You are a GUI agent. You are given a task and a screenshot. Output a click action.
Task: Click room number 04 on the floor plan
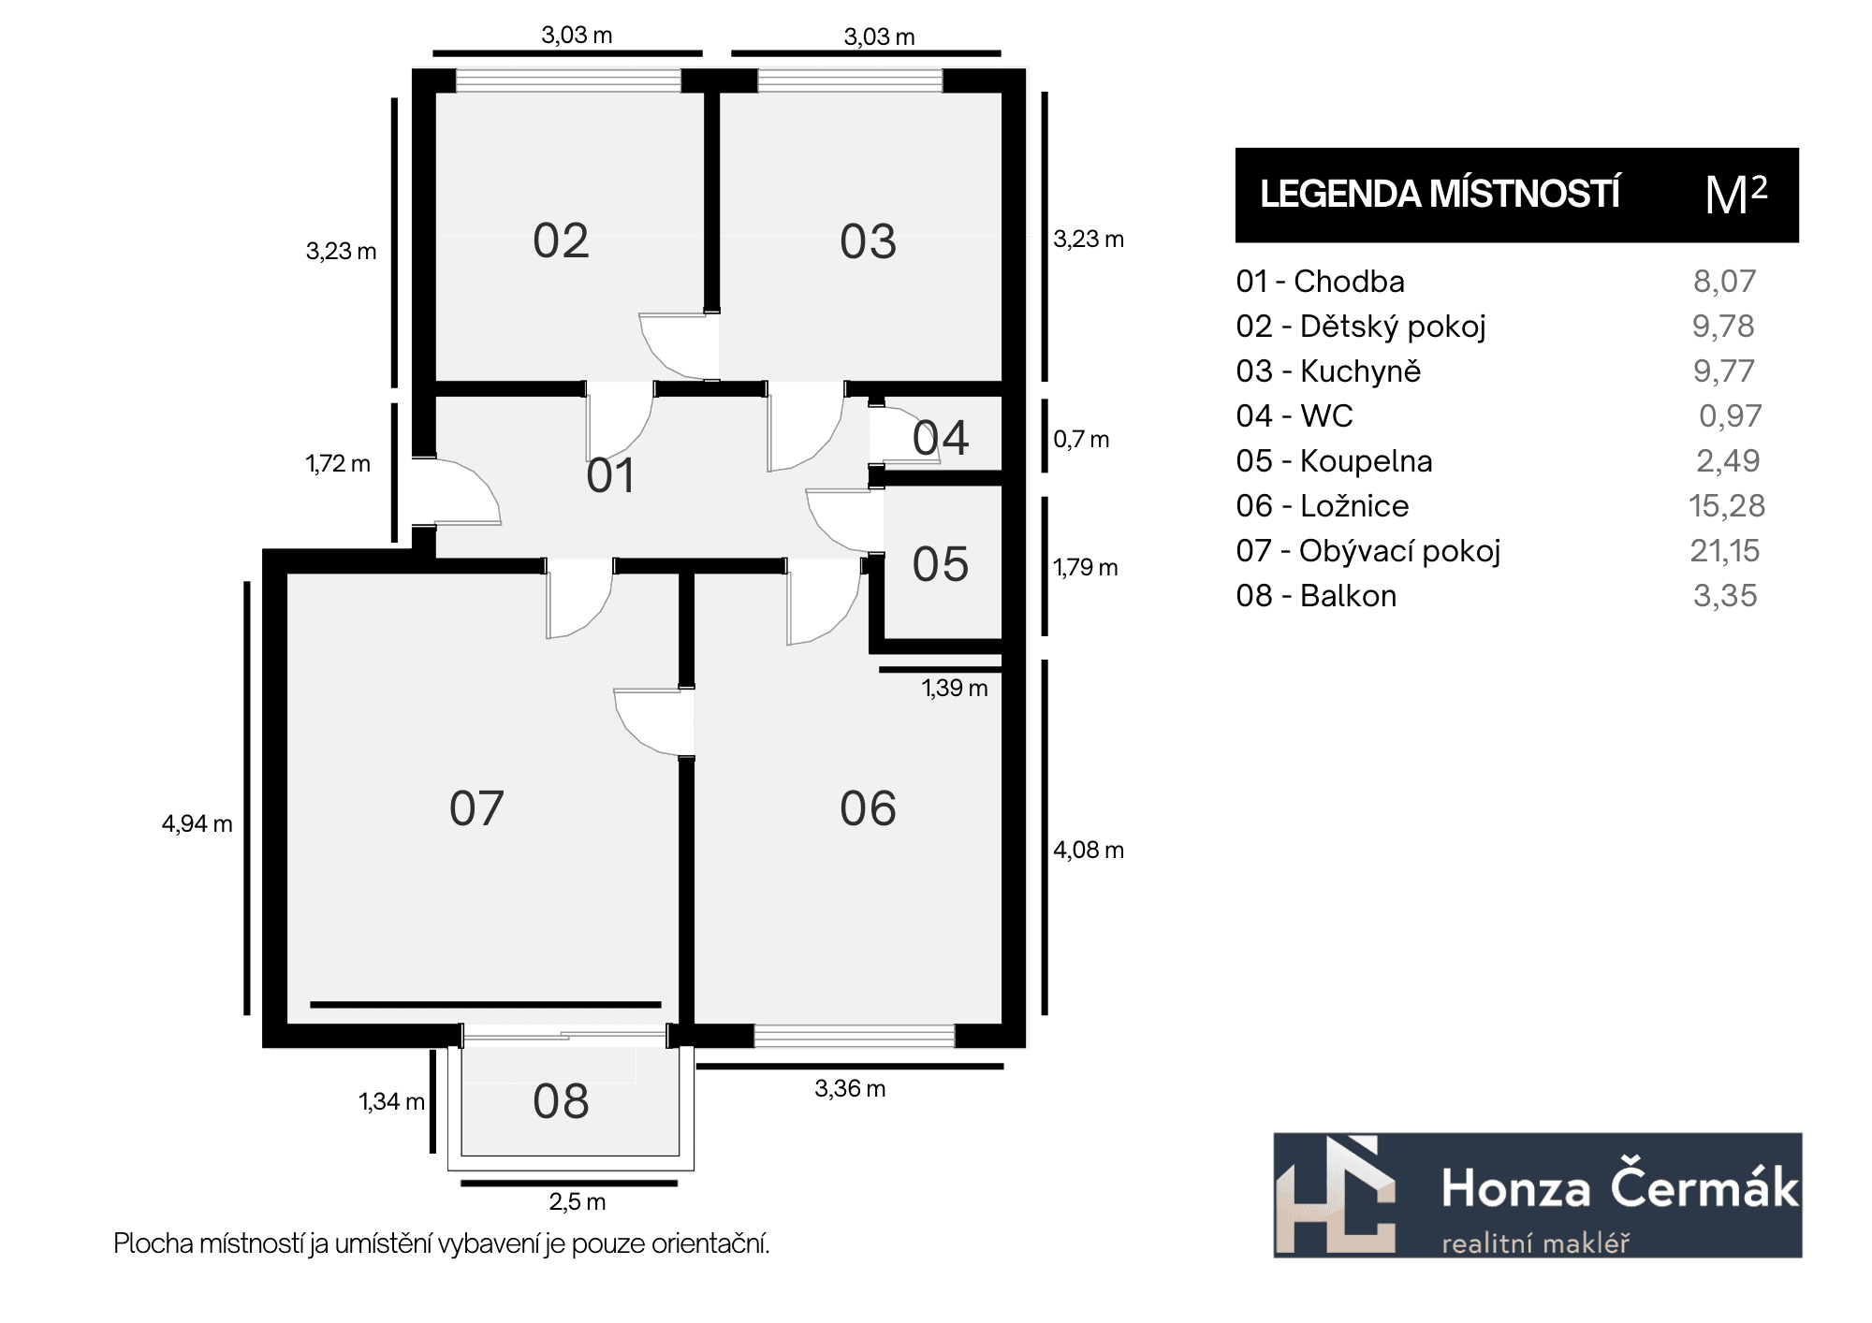[941, 438]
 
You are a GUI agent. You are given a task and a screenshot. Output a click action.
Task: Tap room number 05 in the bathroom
[941, 565]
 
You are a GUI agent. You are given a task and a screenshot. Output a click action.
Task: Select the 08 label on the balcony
[561, 1101]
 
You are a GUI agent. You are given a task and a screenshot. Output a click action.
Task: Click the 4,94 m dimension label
[197, 824]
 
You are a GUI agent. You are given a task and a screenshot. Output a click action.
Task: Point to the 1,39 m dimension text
[955, 689]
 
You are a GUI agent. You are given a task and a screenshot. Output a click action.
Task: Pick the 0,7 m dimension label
[1081, 440]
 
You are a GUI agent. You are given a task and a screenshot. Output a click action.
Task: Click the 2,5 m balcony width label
[578, 1201]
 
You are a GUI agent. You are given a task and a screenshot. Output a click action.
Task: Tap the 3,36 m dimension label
[850, 1089]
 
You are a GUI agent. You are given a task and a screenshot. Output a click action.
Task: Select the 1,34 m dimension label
[392, 1102]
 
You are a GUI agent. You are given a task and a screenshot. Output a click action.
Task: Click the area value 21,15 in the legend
[1725, 551]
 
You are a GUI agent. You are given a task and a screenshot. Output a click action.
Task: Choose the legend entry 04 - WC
[1294, 416]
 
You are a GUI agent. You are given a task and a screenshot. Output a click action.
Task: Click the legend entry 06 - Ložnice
[1323, 506]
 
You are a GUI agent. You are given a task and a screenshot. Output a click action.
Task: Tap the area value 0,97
[1731, 416]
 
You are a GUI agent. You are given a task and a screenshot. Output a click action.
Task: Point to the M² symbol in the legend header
[1736, 195]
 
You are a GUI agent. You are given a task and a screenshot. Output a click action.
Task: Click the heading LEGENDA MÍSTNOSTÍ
[1440, 195]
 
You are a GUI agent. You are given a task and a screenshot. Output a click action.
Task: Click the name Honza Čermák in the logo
[1620, 1188]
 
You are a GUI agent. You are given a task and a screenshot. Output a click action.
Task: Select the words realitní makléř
[1536, 1243]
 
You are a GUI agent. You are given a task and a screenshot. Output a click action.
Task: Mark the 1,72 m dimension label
[338, 464]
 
